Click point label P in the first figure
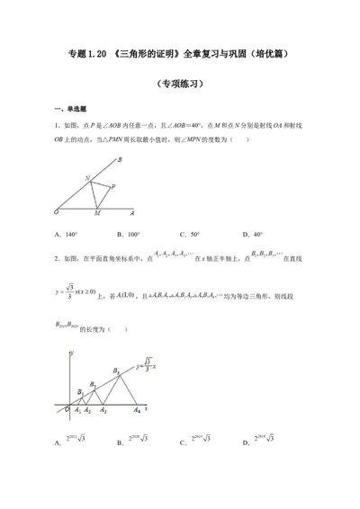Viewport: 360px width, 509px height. (x=112, y=187)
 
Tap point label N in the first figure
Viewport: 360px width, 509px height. (x=87, y=178)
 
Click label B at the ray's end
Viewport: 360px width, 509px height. (x=121, y=159)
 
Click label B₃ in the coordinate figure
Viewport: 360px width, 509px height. (x=116, y=371)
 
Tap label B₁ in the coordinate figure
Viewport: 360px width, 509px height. (x=81, y=391)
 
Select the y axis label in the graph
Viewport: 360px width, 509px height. (x=70, y=353)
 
